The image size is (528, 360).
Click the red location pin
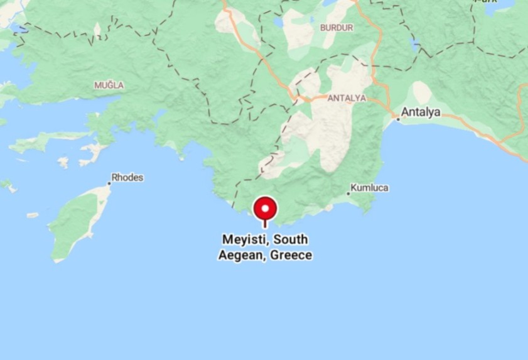pyautogui.click(x=265, y=210)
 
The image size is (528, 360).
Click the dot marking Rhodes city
pyautogui.click(x=109, y=183)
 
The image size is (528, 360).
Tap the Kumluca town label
pyautogui.click(x=370, y=188)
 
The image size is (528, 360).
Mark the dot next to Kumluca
pyautogui.click(x=348, y=193)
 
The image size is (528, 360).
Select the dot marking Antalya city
pyautogui.click(x=397, y=118)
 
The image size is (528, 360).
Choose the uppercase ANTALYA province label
pyautogui.click(x=347, y=98)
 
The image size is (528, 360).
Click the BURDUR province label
pyautogui.click(x=337, y=28)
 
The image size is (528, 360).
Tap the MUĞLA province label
pyautogui.click(x=109, y=85)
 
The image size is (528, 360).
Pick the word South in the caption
pyautogui.click(x=292, y=240)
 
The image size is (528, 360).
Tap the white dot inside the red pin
pyautogui.click(x=265, y=207)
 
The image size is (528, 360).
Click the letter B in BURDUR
pyautogui.click(x=323, y=28)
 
